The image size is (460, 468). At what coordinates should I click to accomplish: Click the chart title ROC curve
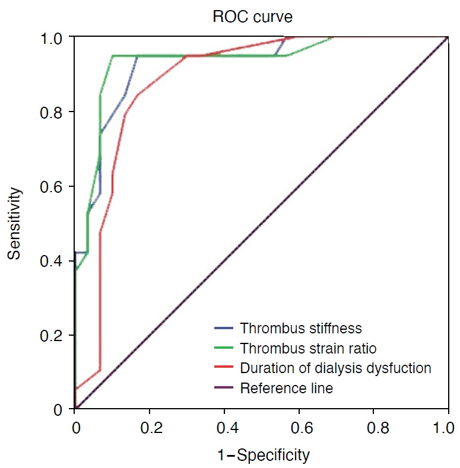click(252, 17)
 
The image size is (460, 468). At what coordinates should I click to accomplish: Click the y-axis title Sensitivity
click(14, 223)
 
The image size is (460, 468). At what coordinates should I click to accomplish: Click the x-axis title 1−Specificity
click(264, 456)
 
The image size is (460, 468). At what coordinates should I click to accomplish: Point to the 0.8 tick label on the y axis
click(51, 113)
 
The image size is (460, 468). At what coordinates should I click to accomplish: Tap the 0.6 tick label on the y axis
click(51, 187)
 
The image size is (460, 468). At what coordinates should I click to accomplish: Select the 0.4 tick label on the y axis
click(51, 261)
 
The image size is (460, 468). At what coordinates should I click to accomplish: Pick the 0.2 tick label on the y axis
click(51, 336)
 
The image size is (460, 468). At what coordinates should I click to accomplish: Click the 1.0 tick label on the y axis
click(51, 39)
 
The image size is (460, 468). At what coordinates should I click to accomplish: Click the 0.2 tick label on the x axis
click(151, 428)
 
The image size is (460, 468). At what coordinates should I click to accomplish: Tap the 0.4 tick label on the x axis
click(227, 428)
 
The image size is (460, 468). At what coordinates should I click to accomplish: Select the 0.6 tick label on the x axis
click(302, 428)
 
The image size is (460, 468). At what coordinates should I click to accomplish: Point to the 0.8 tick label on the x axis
click(378, 428)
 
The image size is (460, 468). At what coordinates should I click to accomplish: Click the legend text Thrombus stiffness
click(301, 329)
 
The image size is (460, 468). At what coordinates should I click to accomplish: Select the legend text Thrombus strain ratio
click(308, 348)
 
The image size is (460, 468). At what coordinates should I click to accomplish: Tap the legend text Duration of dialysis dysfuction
click(335, 368)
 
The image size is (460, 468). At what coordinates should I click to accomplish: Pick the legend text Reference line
click(286, 389)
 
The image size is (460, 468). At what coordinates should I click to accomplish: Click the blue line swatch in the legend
click(223, 328)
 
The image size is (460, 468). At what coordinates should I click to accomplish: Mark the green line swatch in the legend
click(223, 348)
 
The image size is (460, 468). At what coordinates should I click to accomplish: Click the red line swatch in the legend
click(223, 367)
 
